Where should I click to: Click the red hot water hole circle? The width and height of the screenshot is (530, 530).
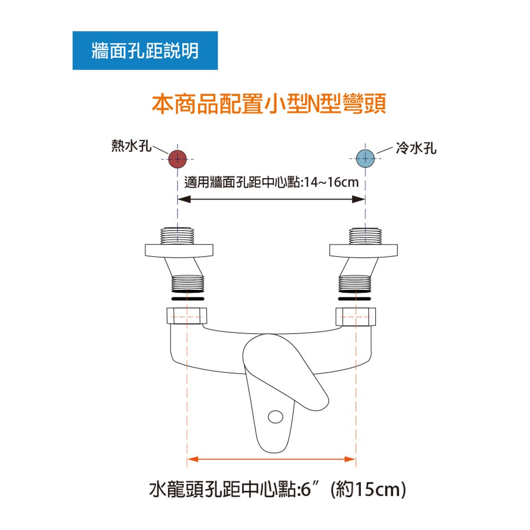click(178, 159)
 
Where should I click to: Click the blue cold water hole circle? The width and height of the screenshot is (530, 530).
click(365, 158)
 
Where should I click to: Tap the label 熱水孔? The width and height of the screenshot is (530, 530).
click(131, 146)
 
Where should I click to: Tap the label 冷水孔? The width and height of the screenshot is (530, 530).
click(416, 148)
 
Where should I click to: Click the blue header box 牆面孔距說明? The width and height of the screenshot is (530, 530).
click(145, 51)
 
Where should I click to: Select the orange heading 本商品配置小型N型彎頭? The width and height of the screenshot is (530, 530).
click(269, 103)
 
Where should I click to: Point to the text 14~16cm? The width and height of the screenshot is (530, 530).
click(331, 182)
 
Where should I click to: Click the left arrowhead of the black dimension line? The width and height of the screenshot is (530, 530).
click(184, 199)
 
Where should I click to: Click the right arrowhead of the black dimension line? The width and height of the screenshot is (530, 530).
click(359, 199)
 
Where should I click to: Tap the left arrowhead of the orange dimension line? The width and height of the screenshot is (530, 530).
click(193, 459)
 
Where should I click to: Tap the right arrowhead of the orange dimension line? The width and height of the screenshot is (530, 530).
click(350, 459)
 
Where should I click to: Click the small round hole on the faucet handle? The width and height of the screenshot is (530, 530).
click(276, 417)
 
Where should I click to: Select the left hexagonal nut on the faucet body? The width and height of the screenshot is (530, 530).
click(187, 316)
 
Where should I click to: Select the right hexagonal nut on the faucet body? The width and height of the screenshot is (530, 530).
click(356, 317)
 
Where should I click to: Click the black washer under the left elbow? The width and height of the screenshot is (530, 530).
click(188, 299)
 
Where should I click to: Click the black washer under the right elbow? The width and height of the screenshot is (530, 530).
click(355, 299)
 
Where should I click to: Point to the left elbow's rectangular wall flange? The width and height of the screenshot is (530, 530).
click(179, 251)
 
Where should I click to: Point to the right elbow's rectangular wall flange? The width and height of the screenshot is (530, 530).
click(364, 251)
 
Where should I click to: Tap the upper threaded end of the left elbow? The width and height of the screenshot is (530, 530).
click(178, 236)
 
